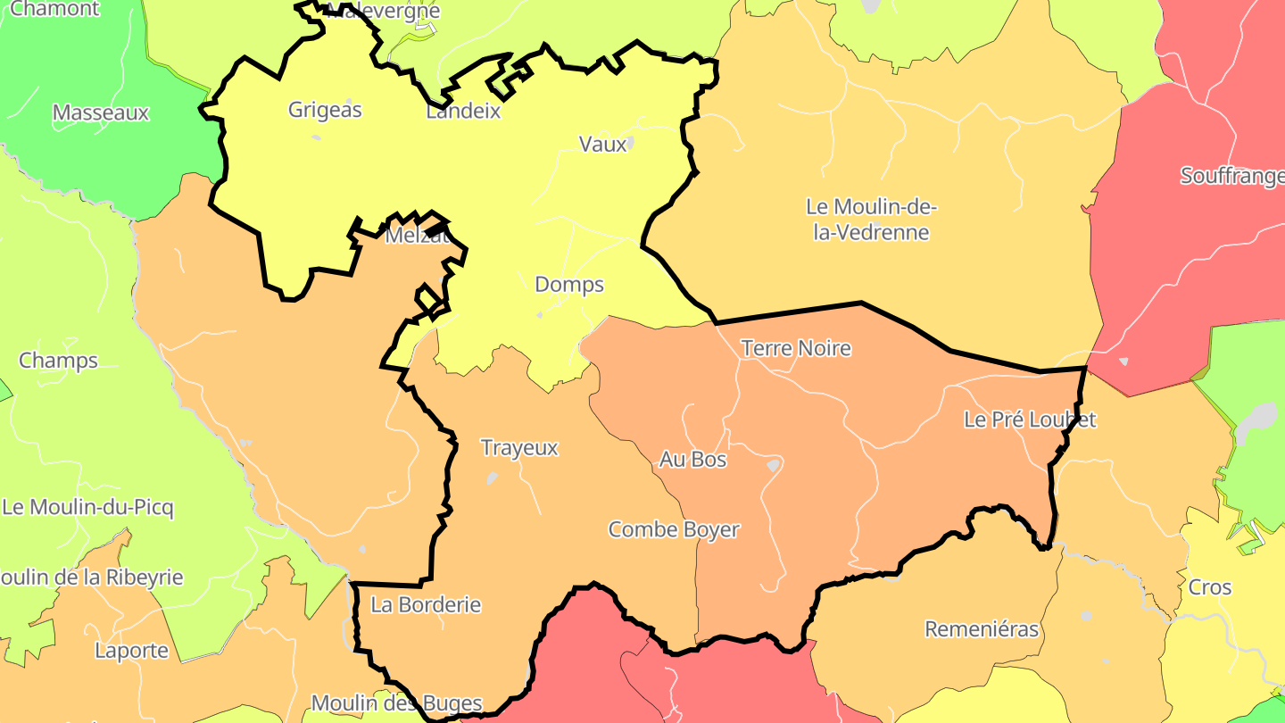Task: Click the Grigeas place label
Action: [x=325, y=110]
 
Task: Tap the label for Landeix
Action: [x=463, y=112]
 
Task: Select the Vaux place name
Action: [x=602, y=144]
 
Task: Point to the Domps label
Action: [x=569, y=285]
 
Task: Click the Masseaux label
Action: [x=101, y=113]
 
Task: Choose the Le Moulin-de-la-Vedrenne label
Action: [x=871, y=220]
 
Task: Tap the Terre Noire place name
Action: [x=796, y=348]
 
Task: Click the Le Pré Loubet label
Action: [x=1030, y=420]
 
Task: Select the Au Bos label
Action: [x=692, y=460]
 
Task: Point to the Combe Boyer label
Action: [x=674, y=529]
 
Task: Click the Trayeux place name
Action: [x=519, y=448]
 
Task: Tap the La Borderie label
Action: [x=426, y=605]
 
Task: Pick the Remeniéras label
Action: [x=982, y=629]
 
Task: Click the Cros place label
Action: [x=1210, y=587]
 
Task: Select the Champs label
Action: [x=59, y=361]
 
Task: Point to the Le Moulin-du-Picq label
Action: [x=88, y=508]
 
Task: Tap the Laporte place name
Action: [x=132, y=651]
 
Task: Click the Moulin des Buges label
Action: [x=397, y=703]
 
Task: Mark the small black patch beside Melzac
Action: [x=436, y=231]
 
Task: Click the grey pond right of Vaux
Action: [x=630, y=143]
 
